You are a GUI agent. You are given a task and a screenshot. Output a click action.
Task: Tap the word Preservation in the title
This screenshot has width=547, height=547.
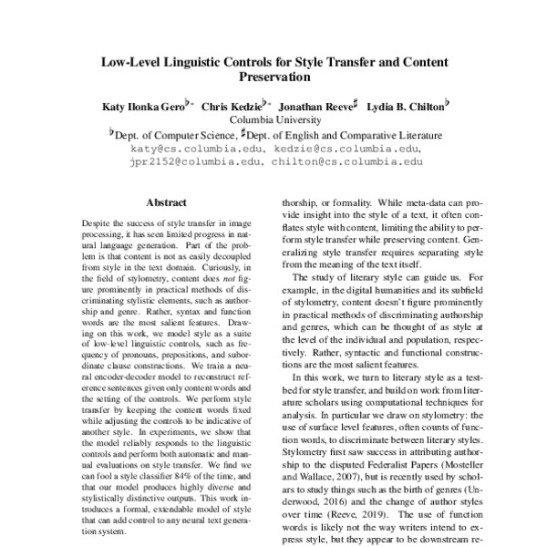tap(273, 79)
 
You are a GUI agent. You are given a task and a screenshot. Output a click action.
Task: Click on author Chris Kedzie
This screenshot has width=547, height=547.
tap(232, 107)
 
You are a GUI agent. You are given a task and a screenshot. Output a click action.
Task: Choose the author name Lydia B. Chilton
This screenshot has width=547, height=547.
tap(402, 107)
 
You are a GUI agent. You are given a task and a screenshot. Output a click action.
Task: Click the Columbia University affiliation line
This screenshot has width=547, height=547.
tap(273, 119)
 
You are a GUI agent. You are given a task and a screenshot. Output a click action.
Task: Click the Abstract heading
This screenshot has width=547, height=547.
tap(165, 201)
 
